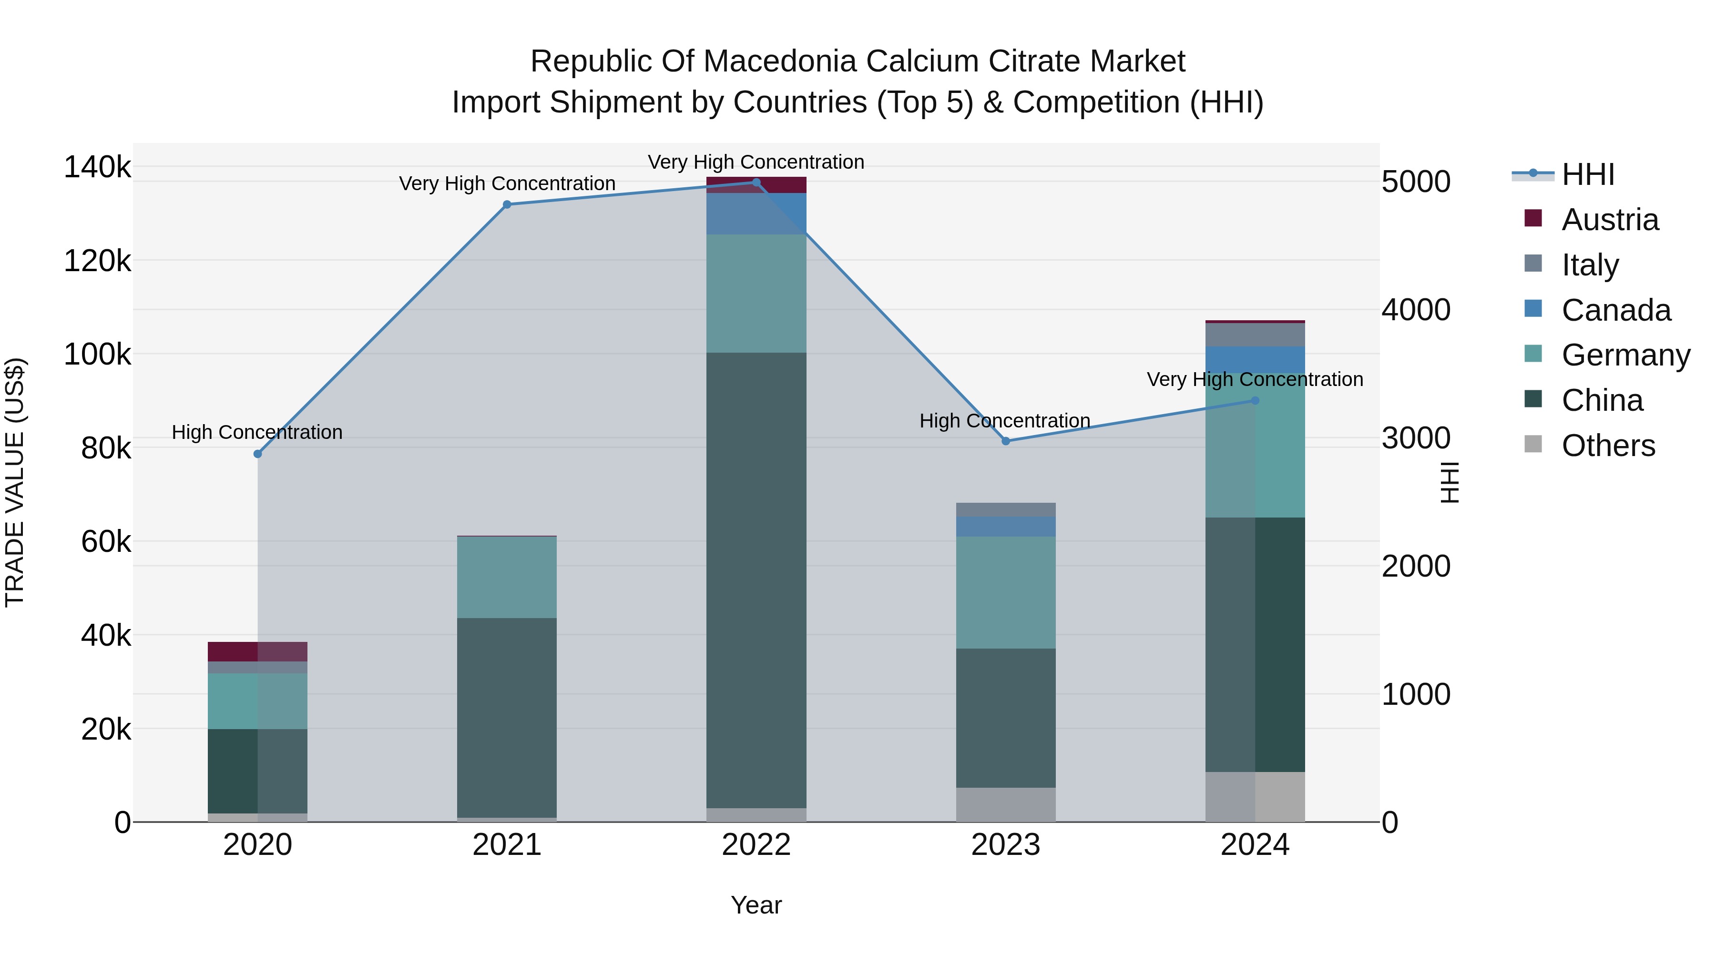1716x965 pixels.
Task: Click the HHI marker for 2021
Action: pos(507,204)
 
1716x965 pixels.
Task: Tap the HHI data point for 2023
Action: pos(1006,441)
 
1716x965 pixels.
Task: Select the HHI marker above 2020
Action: pos(258,454)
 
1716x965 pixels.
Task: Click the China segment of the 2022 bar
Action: pos(756,579)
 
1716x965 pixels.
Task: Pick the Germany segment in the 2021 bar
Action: pos(507,577)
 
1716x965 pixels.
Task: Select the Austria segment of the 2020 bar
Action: pos(258,651)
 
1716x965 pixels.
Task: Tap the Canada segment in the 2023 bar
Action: pos(1006,526)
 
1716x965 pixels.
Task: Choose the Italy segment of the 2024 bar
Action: pos(1255,335)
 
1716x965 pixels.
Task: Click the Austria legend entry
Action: pos(1609,220)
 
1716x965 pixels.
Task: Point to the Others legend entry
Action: pos(1608,446)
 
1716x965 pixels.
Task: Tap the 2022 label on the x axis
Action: pos(756,845)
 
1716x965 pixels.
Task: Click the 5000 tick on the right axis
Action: pos(1416,182)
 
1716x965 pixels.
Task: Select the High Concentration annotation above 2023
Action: pos(1004,421)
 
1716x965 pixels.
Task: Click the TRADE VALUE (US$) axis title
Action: pos(15,482)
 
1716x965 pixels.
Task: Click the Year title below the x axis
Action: pos(756,905)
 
